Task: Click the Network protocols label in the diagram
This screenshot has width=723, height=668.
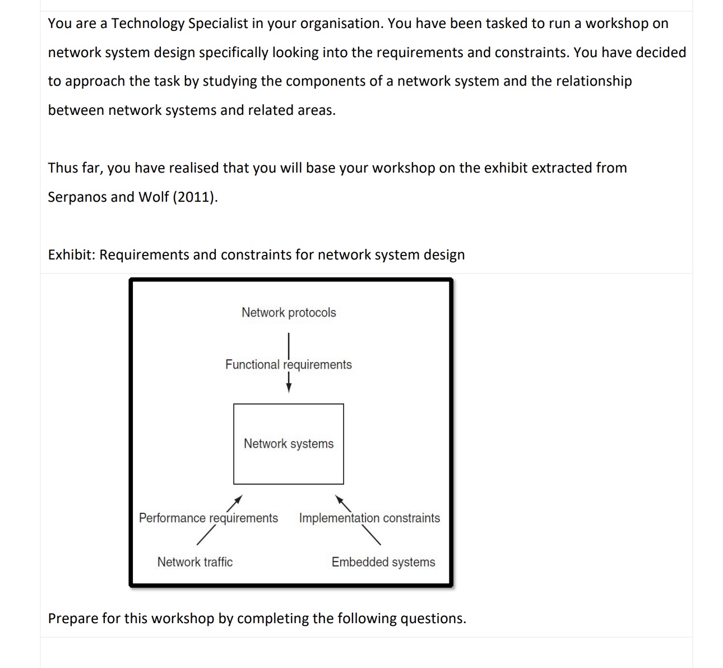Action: [x=289, y=313]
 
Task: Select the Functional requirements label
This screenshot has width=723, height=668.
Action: [x=289, y=365]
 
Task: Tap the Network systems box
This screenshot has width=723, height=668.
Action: [x=289, y=444]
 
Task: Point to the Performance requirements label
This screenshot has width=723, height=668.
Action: [x=208, y=518]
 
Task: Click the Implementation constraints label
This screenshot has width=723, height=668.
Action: [x=369, y=518]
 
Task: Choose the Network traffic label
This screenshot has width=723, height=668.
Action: [x=195, y=562]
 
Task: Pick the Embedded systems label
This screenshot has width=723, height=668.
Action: [x=383, y=562]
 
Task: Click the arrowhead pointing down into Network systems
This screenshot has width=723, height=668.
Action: [x=289, y=388]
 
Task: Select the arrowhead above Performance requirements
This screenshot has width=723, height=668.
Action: [x=239, y=499]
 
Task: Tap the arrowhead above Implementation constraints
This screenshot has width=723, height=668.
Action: [x=339, y=499]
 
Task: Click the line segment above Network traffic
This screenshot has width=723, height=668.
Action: [x=206, y=537]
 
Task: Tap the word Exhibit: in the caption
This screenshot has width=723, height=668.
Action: [x=72, y=255]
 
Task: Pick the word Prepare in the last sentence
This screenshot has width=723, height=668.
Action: [x=73, y=619]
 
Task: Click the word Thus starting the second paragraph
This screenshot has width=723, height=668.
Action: [x=62, y=168]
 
